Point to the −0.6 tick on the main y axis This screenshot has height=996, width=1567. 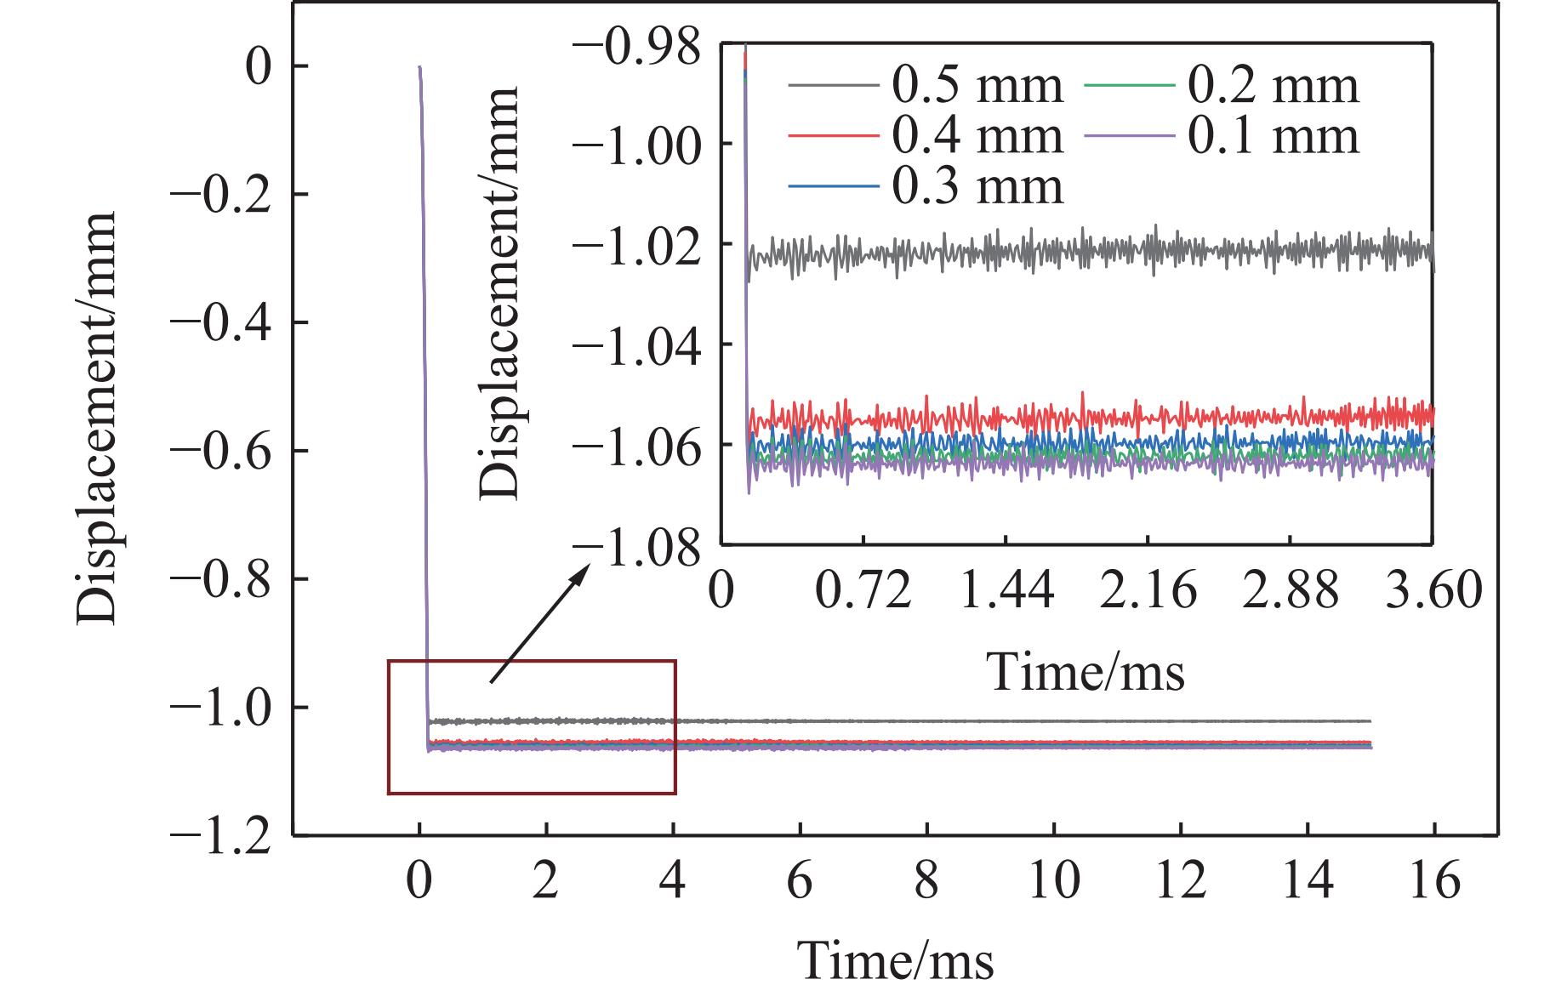[x=228, y=450]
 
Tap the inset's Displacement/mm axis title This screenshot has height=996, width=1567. [x=500, y=292]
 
